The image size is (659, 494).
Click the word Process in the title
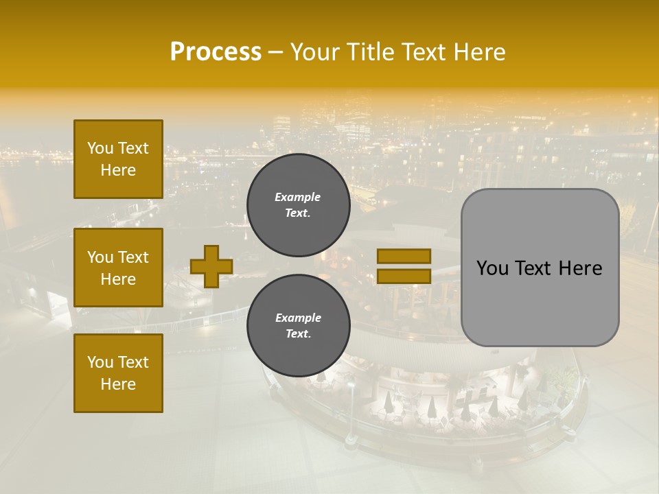pos(216,52)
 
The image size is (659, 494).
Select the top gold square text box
pos(118,159)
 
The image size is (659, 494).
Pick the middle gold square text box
pos(118,268)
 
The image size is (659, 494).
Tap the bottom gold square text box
pos(118,373)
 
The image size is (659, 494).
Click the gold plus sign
pos(211,266)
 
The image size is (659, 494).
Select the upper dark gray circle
pos(298,204)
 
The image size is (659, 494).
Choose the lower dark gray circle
pos(298,325)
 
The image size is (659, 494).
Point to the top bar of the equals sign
pos(404,256)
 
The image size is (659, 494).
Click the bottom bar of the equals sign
pos(404,276)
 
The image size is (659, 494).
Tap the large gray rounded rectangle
pos(540,268)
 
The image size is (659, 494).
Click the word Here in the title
pos(481,52)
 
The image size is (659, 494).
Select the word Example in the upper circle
pos(298,197)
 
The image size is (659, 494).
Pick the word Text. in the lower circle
pos(298,334)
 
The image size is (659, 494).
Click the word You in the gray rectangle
pos(492,268)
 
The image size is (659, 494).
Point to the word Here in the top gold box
pos(118,170)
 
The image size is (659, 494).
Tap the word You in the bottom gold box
pos(100,362)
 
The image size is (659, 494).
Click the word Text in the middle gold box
pos(133,257)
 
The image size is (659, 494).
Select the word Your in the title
pos(316,52)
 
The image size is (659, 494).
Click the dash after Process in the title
pos(275,52)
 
